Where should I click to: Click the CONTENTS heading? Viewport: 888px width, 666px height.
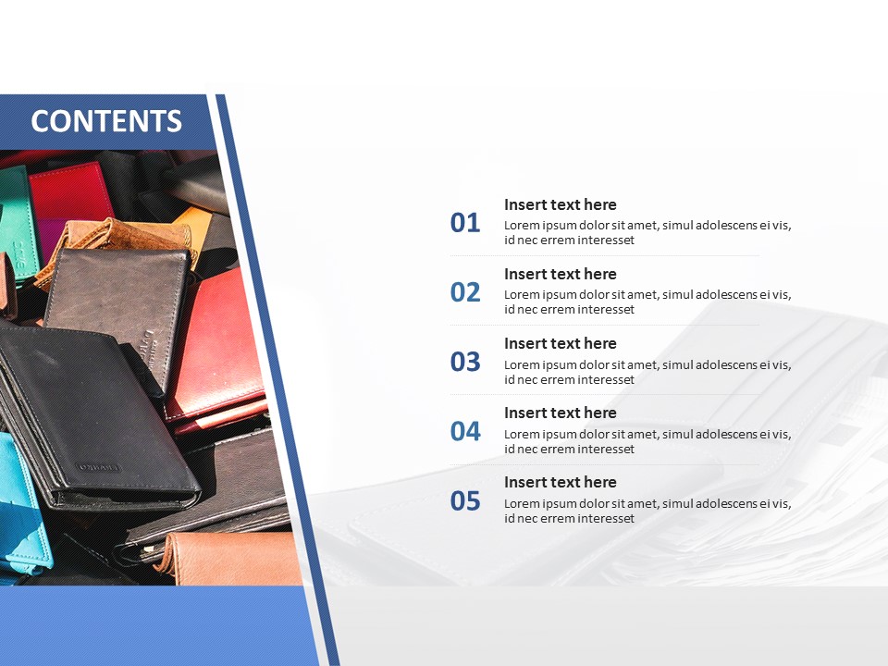coord(106,121)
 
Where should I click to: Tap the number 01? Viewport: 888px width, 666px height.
coord(465,223)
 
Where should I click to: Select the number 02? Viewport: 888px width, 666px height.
coord(465,292)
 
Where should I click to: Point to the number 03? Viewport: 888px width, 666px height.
coord(465,362)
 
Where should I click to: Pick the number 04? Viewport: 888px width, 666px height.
coord(465,432)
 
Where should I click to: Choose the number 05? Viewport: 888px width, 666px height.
coord(465,501)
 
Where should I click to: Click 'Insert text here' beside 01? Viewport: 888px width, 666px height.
coord(561,204)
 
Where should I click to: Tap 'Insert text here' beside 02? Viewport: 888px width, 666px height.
coord(561,274)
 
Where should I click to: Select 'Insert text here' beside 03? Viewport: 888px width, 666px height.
coord(561,343)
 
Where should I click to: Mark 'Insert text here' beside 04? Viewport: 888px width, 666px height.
coord(561,413)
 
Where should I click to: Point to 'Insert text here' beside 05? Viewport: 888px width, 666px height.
coord(561,482)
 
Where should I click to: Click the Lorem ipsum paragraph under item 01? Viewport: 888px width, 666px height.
coord(647,232)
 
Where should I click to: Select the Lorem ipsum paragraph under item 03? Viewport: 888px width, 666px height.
coord(647,372)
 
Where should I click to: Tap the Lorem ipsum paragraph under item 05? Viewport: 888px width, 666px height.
coord(647,511)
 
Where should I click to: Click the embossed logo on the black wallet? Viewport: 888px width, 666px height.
coord(98,468)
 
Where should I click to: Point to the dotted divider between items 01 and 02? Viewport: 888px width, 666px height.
coord(604,256)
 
